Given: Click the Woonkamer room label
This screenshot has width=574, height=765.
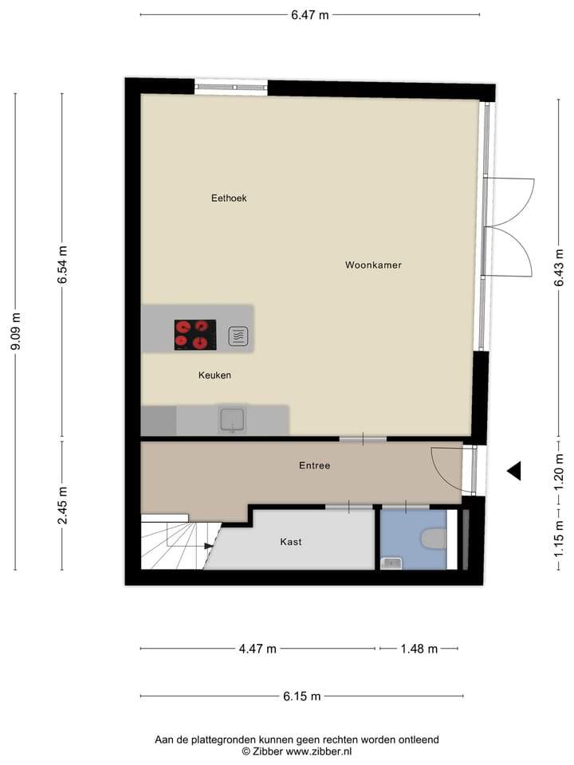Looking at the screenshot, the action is tap(373, 265).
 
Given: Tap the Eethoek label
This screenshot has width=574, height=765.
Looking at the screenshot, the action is tap(229, 198).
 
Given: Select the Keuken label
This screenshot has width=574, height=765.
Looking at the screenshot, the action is tap(214, 375).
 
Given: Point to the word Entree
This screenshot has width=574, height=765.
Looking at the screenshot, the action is tap(315, 465).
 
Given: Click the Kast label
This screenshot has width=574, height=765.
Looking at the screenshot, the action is tap(291, 542).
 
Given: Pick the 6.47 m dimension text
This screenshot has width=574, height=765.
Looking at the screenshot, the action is tap(310, 14).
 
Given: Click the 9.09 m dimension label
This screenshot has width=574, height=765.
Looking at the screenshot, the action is tap(16, 331).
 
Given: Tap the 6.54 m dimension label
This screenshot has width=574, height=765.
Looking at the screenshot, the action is tap(62, 265).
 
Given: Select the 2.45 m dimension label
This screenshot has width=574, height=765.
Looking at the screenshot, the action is tap(62, 505).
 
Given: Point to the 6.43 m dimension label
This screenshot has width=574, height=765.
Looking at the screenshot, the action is tap(560, 268).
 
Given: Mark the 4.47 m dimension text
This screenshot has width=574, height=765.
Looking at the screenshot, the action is tap(258, 649).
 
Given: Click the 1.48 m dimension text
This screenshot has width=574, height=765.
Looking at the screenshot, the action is tap(419, 649).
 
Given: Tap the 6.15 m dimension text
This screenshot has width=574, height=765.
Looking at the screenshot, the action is tap(302, 696).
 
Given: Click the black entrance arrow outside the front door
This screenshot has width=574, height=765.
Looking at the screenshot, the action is tap(514, 471).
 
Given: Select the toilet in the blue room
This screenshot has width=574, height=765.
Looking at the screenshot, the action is tap(434, 540).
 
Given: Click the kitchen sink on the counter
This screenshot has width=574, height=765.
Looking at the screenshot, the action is tap(233, 420).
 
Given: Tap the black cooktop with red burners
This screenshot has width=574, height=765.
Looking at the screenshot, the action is tap(195, 335).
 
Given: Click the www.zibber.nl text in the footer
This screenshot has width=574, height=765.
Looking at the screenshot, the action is tap(318, 751).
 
